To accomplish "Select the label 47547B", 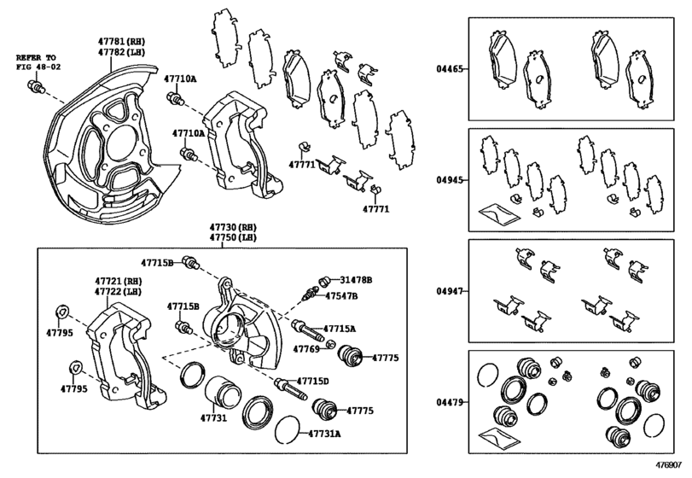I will (342, 296).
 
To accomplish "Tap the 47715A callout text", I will (340, 329).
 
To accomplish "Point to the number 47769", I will (306, 349).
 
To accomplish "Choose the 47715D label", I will (313, 381).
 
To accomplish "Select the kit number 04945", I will (451, 180).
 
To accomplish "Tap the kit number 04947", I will (451, 291).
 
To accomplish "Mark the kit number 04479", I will (451, 400).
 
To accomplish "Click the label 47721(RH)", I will (118, 281).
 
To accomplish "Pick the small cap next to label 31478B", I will (324, 281).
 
